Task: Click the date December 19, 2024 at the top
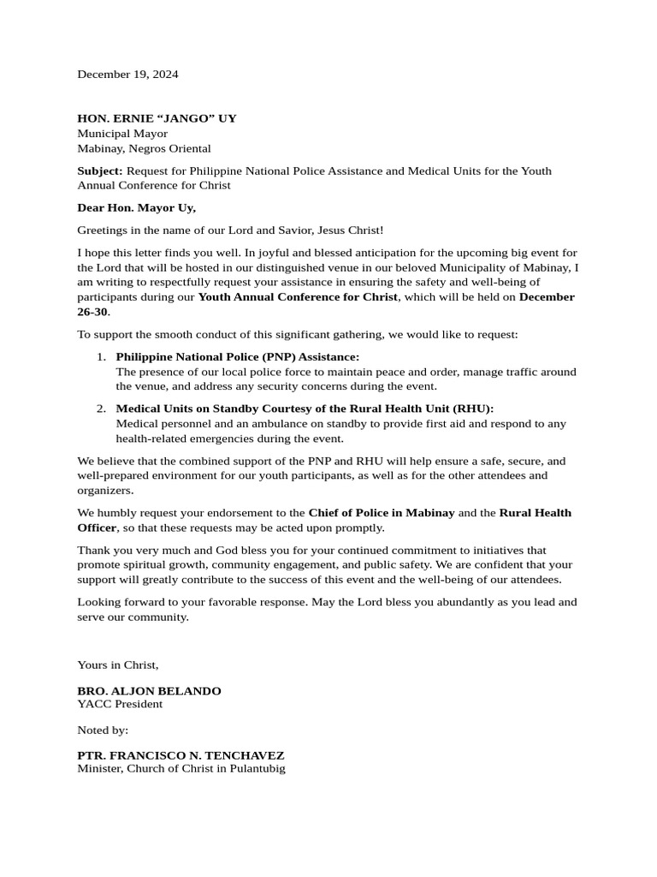click(x=127, y=74)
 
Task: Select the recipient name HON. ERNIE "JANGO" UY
click(x=157, y=118)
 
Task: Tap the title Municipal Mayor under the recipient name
click(x=122, y=134)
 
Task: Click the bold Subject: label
click(x=100, y=170)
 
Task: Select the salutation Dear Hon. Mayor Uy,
click(x=136, y=207)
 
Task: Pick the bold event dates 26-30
click(x=92, y=312)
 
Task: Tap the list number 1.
click(x=101, y=356)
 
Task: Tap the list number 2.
click(x=101, y=409)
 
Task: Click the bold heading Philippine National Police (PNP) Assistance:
click(x=237, y=356)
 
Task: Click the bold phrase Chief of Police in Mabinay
click(x=382, y=512)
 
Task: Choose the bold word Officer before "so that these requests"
click(x=96, y=528)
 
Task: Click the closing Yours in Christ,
click(x=118, y=665)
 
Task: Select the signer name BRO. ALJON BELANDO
click(x=149, y=690)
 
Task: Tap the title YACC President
click(x=120, y=704)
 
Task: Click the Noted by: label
click(x=103, y=730)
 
